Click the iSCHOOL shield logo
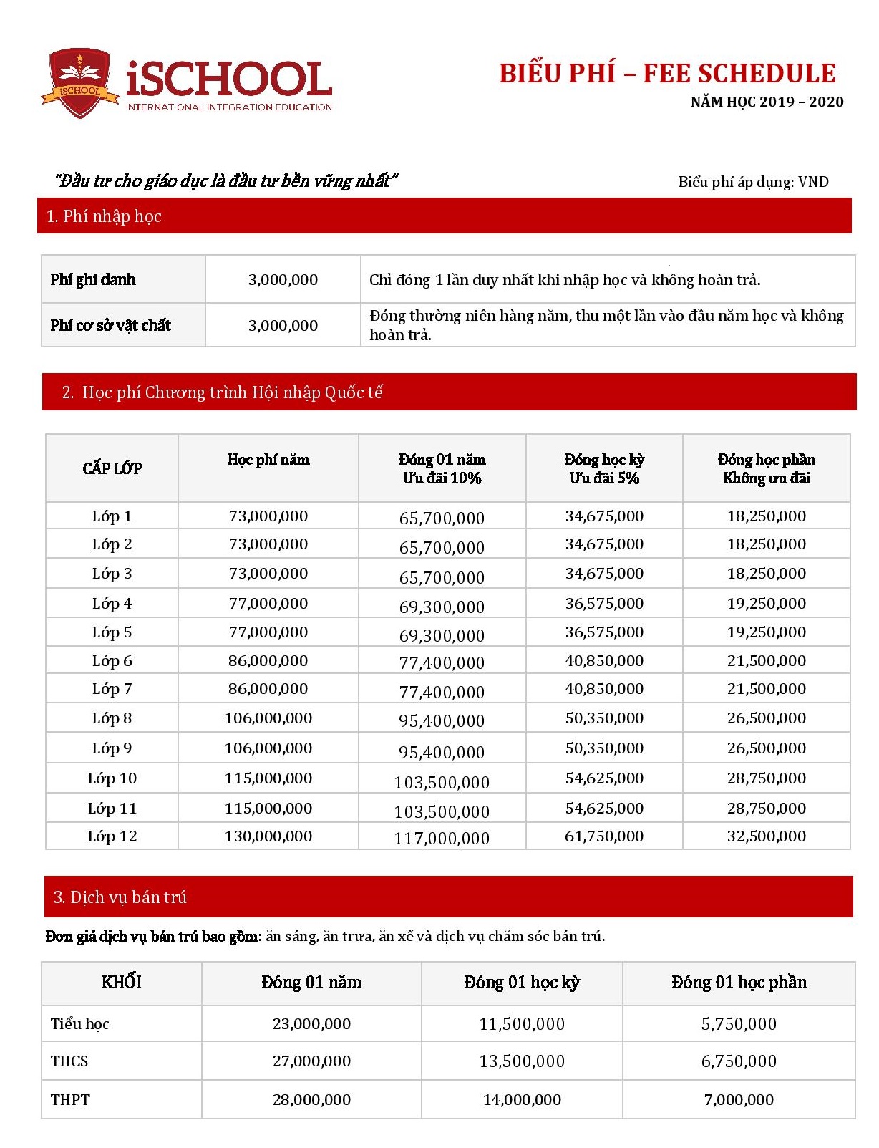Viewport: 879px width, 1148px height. pyautogui.click(x=79, y=82)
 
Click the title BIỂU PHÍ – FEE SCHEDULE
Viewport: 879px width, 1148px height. pyautogui.click(x=667, y=74)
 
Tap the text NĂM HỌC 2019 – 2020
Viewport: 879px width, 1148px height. pyautogui.click(x=767, y=102)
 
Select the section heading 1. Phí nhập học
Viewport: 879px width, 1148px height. pyautogui.click(x=104, y=216)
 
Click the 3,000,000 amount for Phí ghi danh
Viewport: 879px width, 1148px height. pyautogui.click(x=283, y=280)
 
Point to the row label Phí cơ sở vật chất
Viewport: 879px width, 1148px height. pyautogui.click(x=110, y=325)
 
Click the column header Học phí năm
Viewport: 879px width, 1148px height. pyautogui.click(x=268, y=460)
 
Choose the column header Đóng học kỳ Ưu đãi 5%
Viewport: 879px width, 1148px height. pyautogui.click(x=604, y=468)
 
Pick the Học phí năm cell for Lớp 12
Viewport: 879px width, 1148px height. pyautogui.click(x=268, y=836)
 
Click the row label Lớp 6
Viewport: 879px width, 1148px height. pyautogui.click(x=112, y=660)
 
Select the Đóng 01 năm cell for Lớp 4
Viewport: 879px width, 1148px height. pyautogui.click(x=442, y=607)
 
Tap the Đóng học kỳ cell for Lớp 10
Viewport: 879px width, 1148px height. pyautogui.click(x=604, y=778)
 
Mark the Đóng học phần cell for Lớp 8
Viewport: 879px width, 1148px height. pyautogui.click(x=766, y=718)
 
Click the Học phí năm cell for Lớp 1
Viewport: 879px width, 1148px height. pyautogui.click(x=268, y=516)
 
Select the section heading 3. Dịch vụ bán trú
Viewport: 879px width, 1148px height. pyautogui.click(x=120, y=897)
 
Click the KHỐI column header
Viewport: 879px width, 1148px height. pyautogui.click(x=121, y=982)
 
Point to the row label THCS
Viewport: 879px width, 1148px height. pyautogui.click(x=69, y=1061)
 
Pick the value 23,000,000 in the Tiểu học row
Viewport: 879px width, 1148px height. pyautogui.click(x=311, y=1023)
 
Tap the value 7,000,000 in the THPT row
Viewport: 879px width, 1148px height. pyautogui.click(x=739, y=1099)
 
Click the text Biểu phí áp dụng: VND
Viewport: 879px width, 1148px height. pyautogui.click(x=753, y=182)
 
